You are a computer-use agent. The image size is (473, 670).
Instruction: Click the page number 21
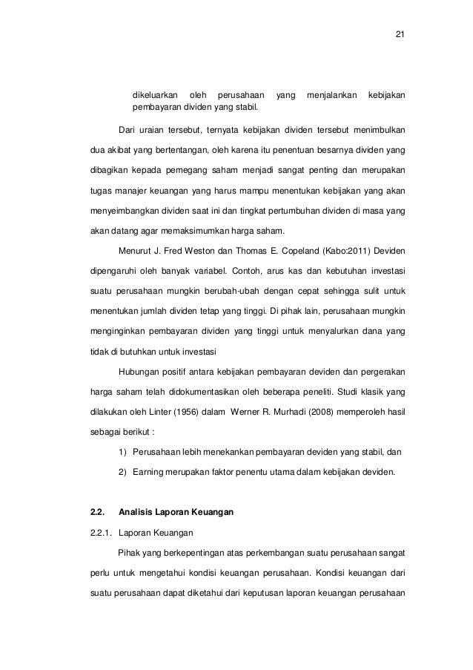400,34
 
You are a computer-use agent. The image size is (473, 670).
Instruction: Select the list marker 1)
122,450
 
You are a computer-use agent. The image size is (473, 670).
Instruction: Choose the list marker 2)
122,470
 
